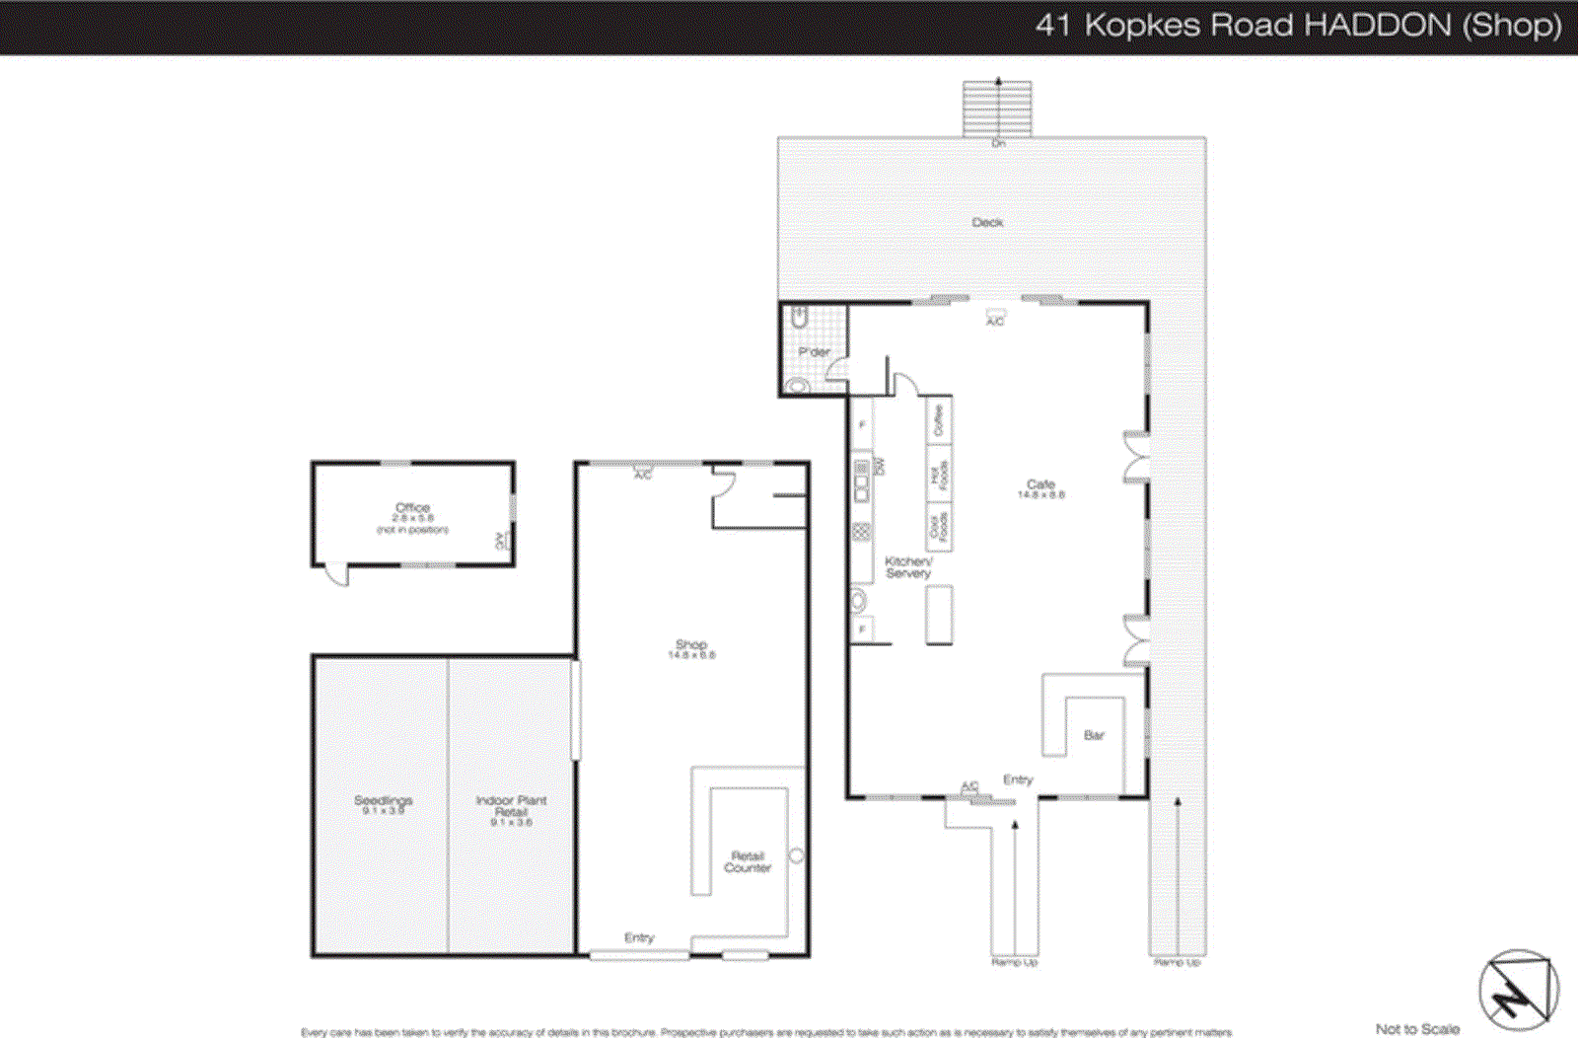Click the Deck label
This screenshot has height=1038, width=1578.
coord(987,222)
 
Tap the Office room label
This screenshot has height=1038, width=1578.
coord(412,508)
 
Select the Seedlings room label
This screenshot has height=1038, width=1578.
coord(384,800)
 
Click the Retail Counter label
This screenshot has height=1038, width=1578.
coord(748,861)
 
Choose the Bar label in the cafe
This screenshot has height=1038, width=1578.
coord(1094,735)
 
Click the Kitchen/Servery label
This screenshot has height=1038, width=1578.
coord(908,566)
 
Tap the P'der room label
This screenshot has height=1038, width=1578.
coord(814,351)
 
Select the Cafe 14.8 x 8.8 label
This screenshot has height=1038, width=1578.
coord(1041,488)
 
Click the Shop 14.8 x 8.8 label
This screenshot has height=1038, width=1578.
coord(691,648)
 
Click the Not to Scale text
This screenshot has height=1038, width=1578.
coord(1417,1028)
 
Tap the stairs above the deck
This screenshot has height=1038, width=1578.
coord(998,108)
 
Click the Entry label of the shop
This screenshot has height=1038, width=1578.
coord(639,937)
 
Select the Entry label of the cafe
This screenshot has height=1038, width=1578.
coord(1018,779)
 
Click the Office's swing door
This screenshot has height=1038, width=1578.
coord(337,574)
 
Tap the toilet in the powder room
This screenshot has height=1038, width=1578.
coord(800,318)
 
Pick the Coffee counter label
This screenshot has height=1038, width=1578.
coord(938,419)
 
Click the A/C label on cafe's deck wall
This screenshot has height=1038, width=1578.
coord(995,322)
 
